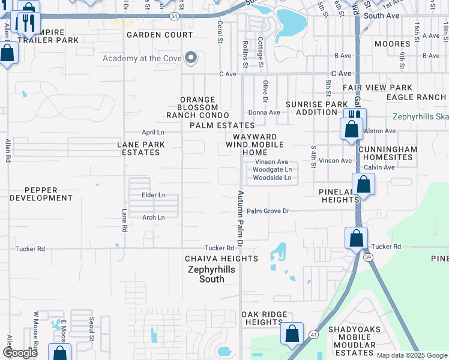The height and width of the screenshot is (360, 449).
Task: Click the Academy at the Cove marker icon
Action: click(191, 58)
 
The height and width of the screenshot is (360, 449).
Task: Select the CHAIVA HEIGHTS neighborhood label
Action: click(221, 259)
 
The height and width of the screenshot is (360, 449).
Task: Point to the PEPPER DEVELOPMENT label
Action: click(41, 193)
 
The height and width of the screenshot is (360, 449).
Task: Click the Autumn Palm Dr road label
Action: click(240, 220)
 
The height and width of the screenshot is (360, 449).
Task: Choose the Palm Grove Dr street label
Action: click(268, 211)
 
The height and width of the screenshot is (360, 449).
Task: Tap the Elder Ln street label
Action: click(153, 196)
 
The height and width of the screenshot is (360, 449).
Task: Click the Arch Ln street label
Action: click(153, 218)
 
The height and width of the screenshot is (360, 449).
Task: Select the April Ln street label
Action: click(152, 132)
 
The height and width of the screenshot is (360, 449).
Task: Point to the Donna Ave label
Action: click(265, 112)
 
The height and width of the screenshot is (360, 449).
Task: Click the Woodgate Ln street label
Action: click(271, 170)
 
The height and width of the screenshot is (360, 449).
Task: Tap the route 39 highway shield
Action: click(367, 257)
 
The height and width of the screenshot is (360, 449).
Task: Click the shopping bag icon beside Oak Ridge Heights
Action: click(292, 334)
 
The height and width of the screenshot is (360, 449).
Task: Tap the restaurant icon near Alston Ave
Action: click(354, 115)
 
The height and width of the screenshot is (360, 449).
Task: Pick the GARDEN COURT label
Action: click(160, 35)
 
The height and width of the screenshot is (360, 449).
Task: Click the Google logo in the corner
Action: click(20, 352)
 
